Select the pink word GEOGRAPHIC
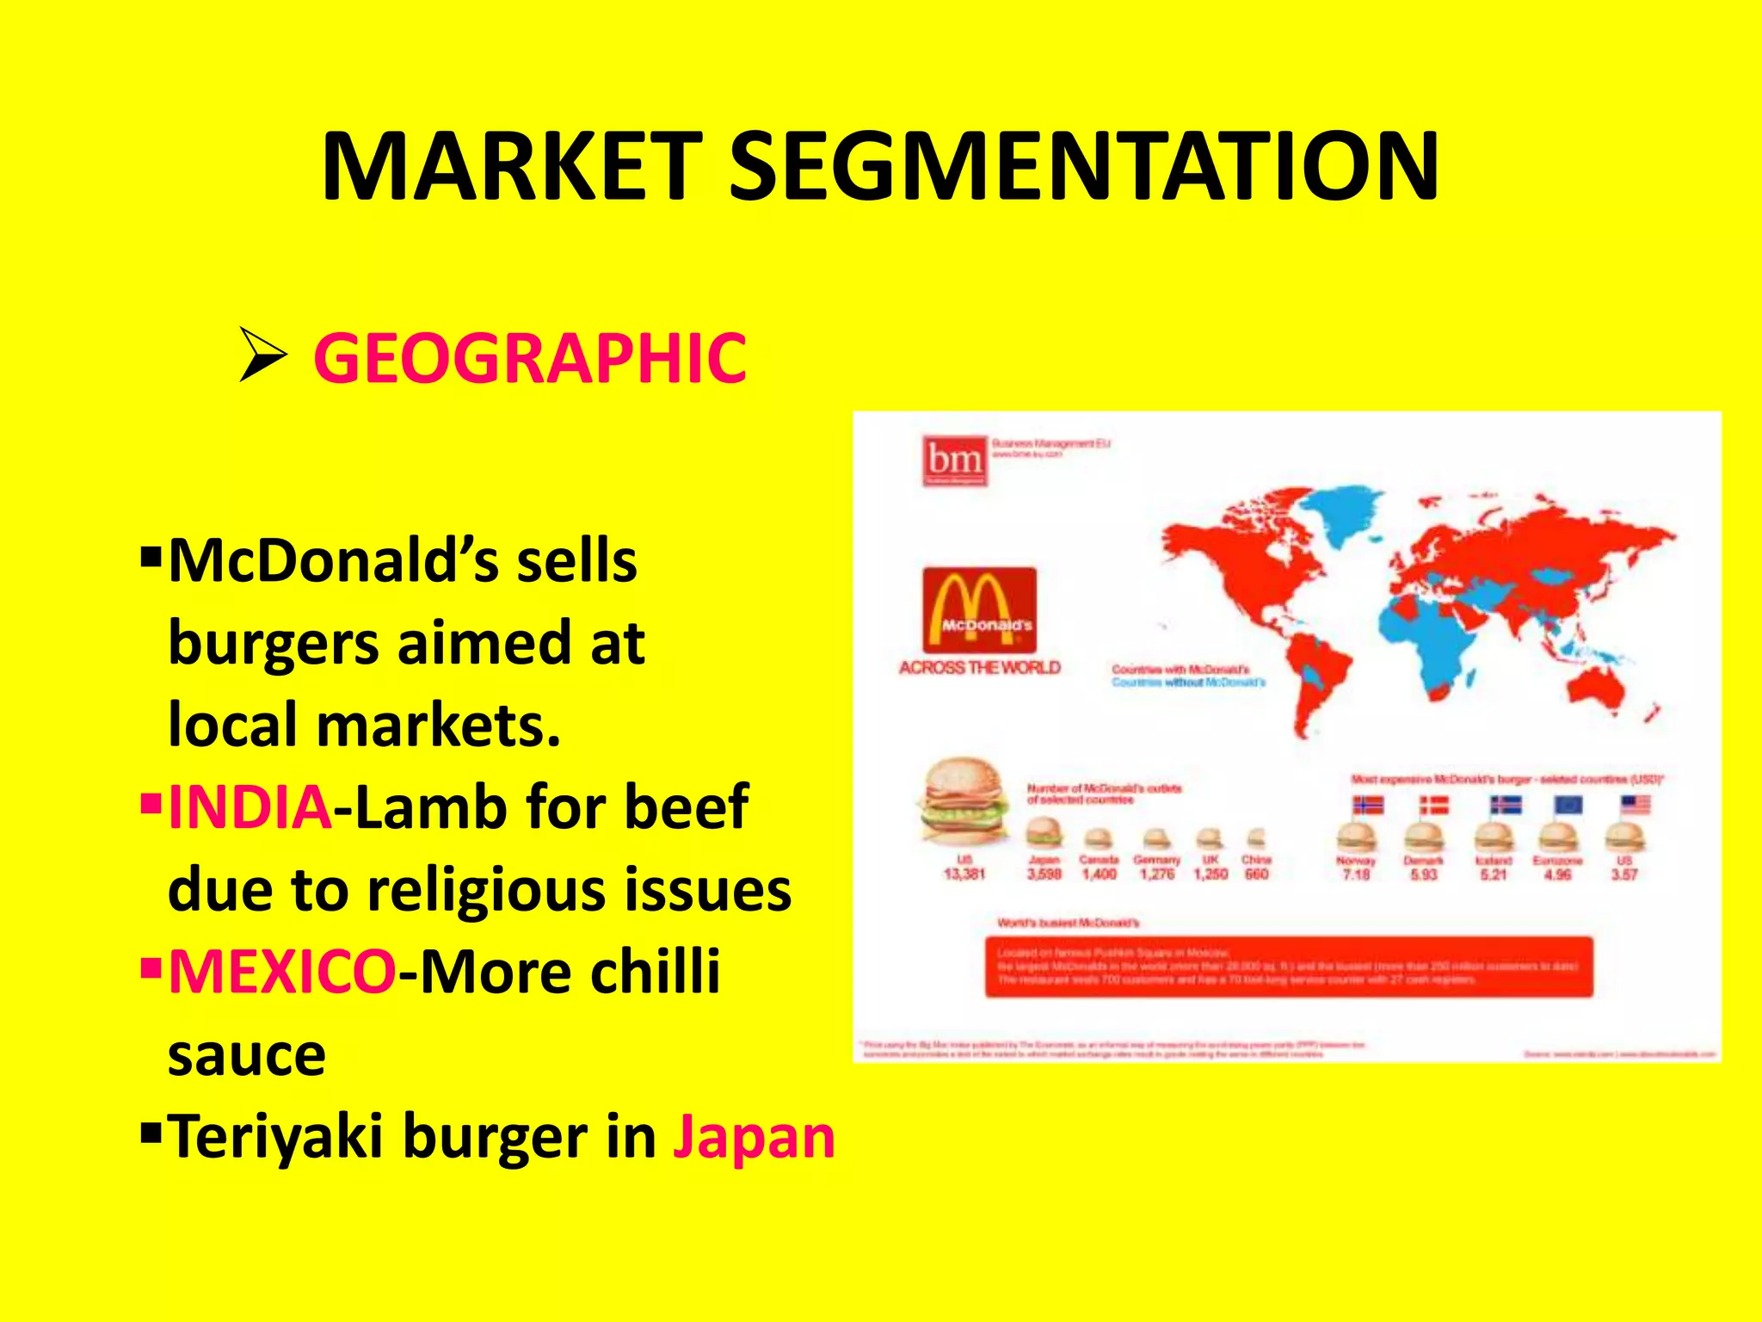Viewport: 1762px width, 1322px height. (x=530, y=358)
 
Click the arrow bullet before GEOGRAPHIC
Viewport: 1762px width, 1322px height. (x=262, y=355)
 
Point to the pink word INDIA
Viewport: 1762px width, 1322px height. (x=250, y=807)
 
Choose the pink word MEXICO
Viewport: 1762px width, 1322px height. (x=282, y=972)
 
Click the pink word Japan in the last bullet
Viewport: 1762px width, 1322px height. (x=754, y=1137)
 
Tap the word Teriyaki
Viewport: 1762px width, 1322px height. (x=275, y=1137)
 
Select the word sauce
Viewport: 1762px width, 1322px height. (x=247, y=1055)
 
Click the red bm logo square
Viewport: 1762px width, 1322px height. (x=954, y=460)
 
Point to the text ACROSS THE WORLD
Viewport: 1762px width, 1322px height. (x=979, y=668)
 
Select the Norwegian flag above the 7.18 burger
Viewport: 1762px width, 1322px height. (x=1367, y=805)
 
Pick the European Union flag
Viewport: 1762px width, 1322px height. (x=1568, y=805)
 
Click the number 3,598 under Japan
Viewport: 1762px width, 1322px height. (x=1044, y=874)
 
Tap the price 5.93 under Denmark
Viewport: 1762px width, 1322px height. (x=1423, y=874)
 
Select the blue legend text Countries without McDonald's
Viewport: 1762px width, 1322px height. (x=1188, y=683)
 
